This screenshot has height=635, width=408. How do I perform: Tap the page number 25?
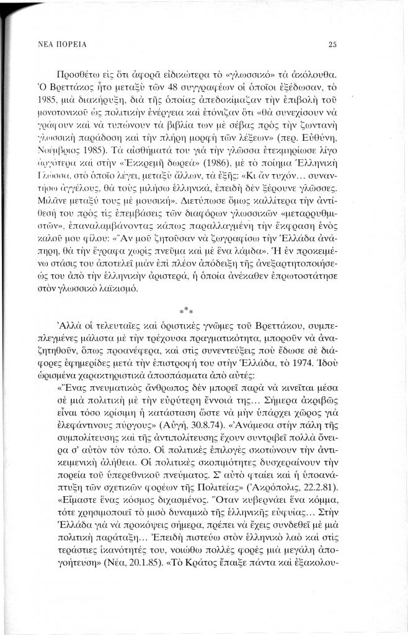[x=332, y=45]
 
